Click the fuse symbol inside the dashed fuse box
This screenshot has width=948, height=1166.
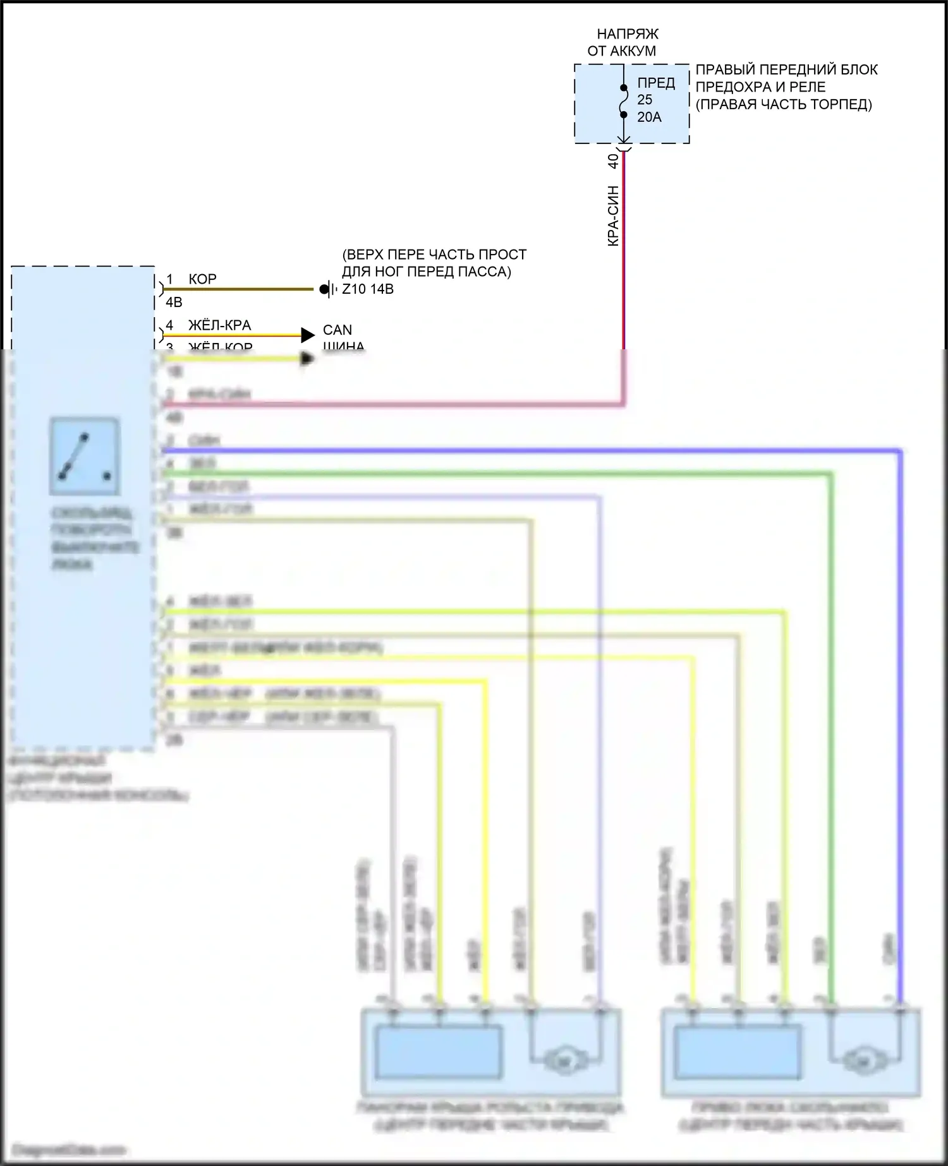click(623, 102)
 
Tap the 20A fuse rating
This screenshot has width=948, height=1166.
click(649, 117)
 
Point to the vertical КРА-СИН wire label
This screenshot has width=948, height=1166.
click(613, 215)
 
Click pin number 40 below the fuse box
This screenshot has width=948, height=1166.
click(613, 162)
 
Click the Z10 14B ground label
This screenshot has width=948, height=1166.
click(368, 289)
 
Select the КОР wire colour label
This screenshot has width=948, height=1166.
click(202, 279)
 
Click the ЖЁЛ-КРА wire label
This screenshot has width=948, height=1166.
click(219, 325)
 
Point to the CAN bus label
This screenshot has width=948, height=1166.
click(337, 330)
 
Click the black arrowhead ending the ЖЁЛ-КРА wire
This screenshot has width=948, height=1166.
click(308, 335)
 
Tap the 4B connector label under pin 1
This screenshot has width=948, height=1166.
click(174, 303)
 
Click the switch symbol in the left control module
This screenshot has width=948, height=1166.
click(85, 456)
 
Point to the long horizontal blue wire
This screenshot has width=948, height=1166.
click(531, 451)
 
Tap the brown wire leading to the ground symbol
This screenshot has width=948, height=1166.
click(240, 290)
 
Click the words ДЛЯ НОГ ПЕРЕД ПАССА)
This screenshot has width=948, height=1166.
click(427, 272)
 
